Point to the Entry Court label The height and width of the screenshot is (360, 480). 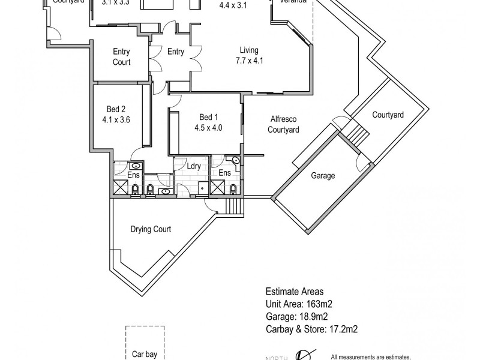click(x=121, y=57)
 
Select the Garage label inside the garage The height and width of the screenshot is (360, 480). click(x=322, y=176)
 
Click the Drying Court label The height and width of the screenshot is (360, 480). click(x=151, y=229)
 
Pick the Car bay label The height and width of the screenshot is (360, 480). click(x=145, y=354)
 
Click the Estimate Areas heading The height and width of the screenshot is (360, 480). click(x=295, y=291)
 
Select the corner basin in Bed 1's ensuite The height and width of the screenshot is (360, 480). click(x=235, y=161)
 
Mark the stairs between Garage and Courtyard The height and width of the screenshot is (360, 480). click(x=358, y=131)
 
